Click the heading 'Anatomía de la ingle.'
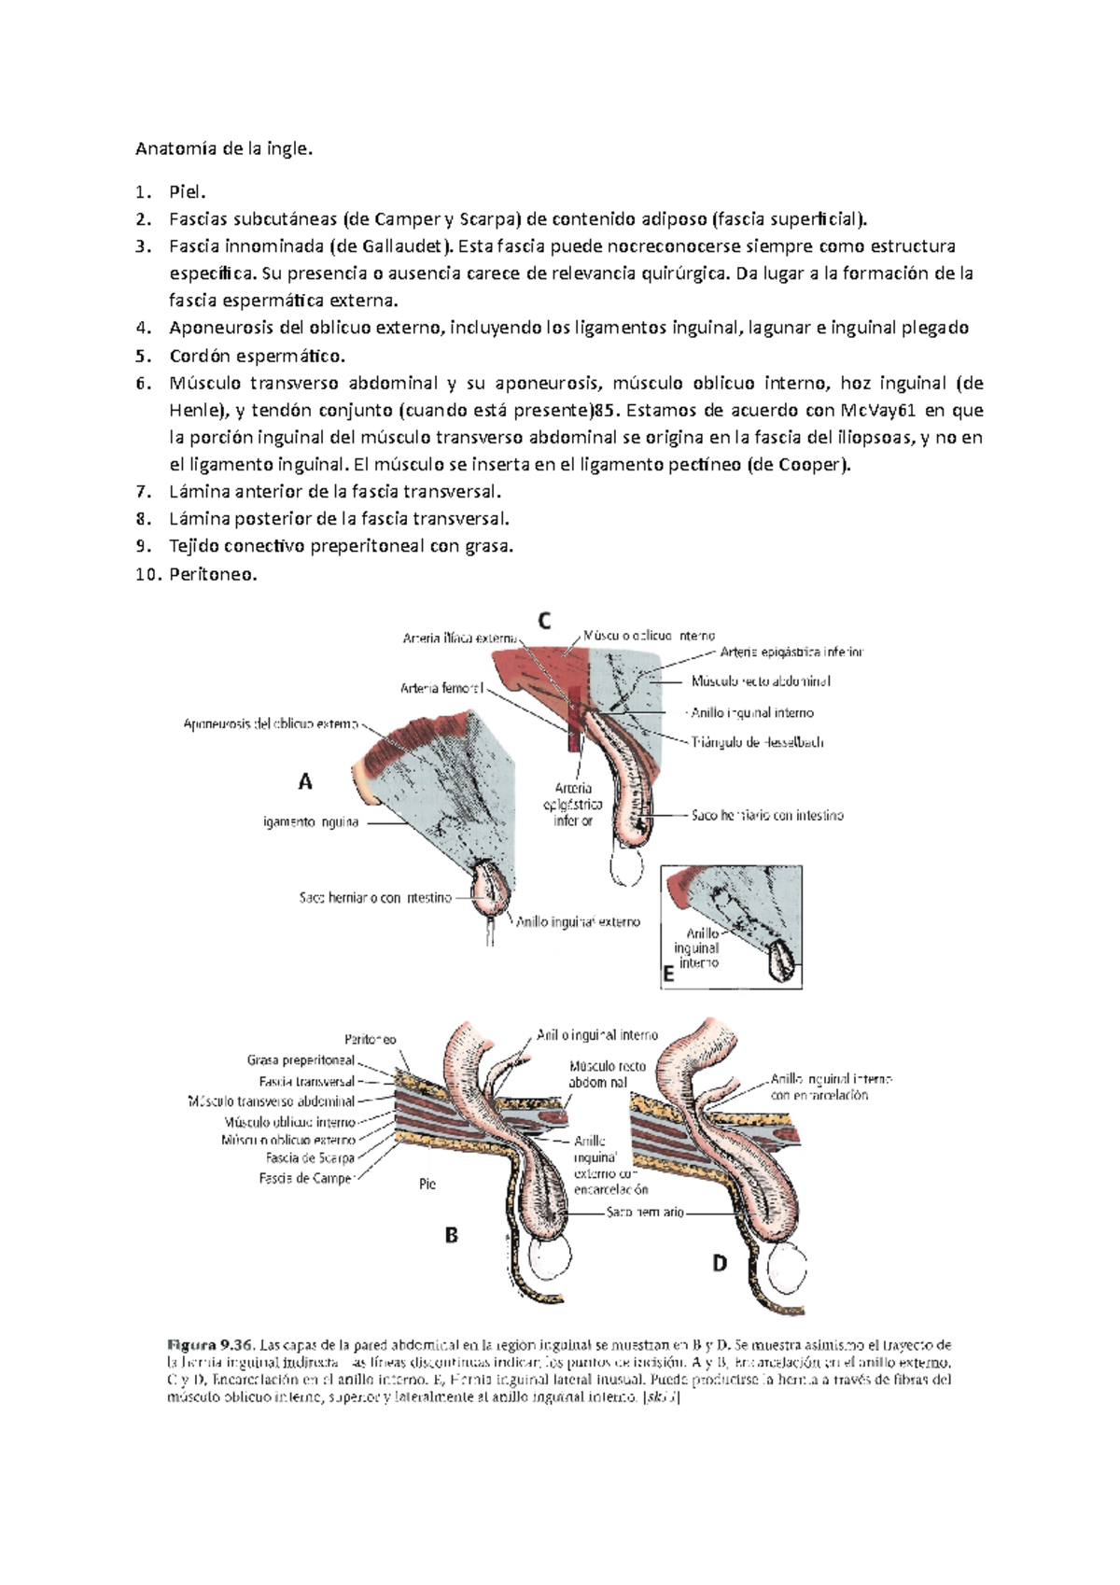click(x=219, y=148)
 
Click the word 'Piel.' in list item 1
click(x=187, y=192)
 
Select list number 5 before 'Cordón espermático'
click(x=141, y=356)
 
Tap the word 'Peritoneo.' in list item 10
click(x=212, y=574)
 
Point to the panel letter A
click(x=305, y=782)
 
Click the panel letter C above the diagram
click(x=543, y=621)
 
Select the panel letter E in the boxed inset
click(x=668, y=975)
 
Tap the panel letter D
click(x=719, y=1264)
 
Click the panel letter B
click(x=451, y=1236)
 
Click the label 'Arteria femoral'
click(x=442, y=689)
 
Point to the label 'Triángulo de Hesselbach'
click(x=757, y=743)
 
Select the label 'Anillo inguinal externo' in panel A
click(x=579, y=922)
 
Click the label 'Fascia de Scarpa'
click(x=310, y=1158)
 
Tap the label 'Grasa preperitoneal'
click(x=301, y=1060)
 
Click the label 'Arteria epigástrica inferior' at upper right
click(x=791, y=652)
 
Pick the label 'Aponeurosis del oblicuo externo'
click(x=271, y=723)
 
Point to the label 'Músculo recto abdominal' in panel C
click(x=761, y=681)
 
